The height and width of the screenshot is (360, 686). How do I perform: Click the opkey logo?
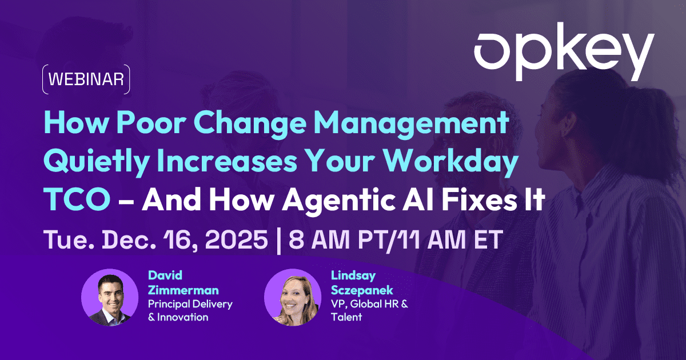(564, 51)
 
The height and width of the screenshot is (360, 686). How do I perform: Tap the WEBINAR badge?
(86, 79)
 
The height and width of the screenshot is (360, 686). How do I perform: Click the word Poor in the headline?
(151, 123)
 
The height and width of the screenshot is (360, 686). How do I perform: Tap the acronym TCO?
(77, 199)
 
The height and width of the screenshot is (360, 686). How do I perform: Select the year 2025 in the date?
(236, 239)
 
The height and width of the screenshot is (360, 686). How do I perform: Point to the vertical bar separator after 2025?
(278, 241)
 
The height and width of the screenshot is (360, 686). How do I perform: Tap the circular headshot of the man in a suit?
(110, 297)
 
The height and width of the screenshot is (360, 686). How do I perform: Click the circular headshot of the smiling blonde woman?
(293, 297)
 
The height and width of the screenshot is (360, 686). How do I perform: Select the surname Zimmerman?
(183, 290)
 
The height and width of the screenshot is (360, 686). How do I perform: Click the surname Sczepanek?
(362, 290)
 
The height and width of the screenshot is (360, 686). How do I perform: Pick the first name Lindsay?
(353, 276)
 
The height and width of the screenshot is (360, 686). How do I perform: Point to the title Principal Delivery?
(190, 304)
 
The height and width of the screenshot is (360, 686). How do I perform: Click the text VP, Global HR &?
(370, 304)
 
